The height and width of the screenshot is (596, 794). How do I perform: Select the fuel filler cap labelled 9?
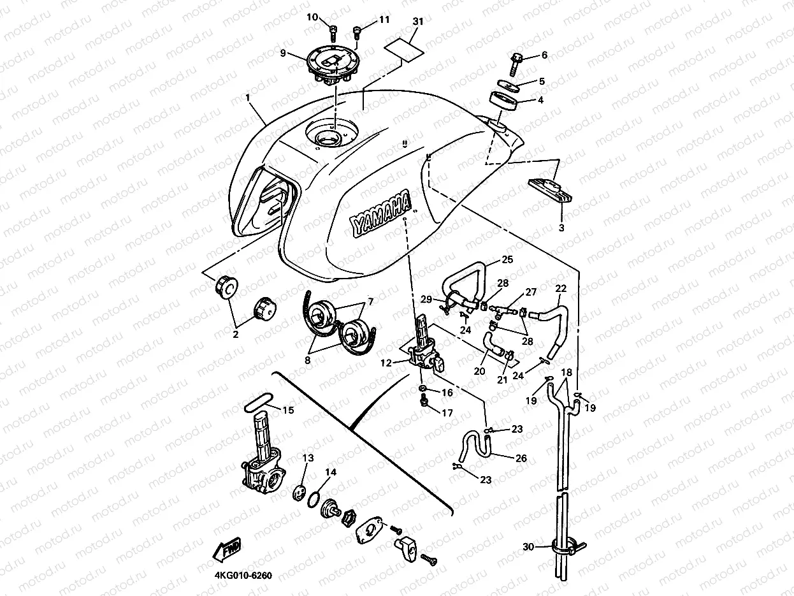point(331,66)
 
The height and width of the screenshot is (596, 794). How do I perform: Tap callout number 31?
point(418,21)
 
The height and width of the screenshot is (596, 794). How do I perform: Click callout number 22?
point(560,288)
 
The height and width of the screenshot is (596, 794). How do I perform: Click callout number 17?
point(447,413)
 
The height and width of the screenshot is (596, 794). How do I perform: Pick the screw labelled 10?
point(333,29)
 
